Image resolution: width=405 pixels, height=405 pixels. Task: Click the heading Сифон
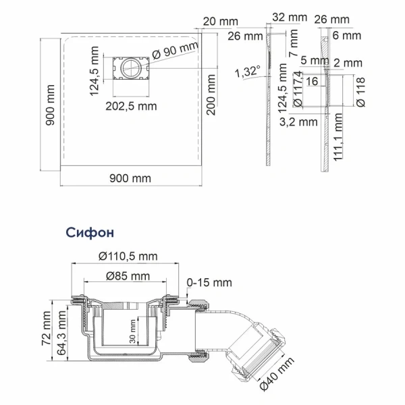pos(90,232)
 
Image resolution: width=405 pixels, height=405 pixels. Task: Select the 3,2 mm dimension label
pos(298,122)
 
